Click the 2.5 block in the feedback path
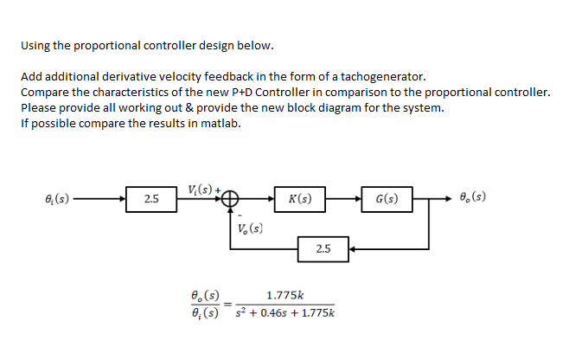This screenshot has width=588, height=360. point(323,248)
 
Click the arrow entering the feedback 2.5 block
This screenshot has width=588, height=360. point(355,248)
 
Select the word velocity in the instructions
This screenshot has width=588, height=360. point(190,76)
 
